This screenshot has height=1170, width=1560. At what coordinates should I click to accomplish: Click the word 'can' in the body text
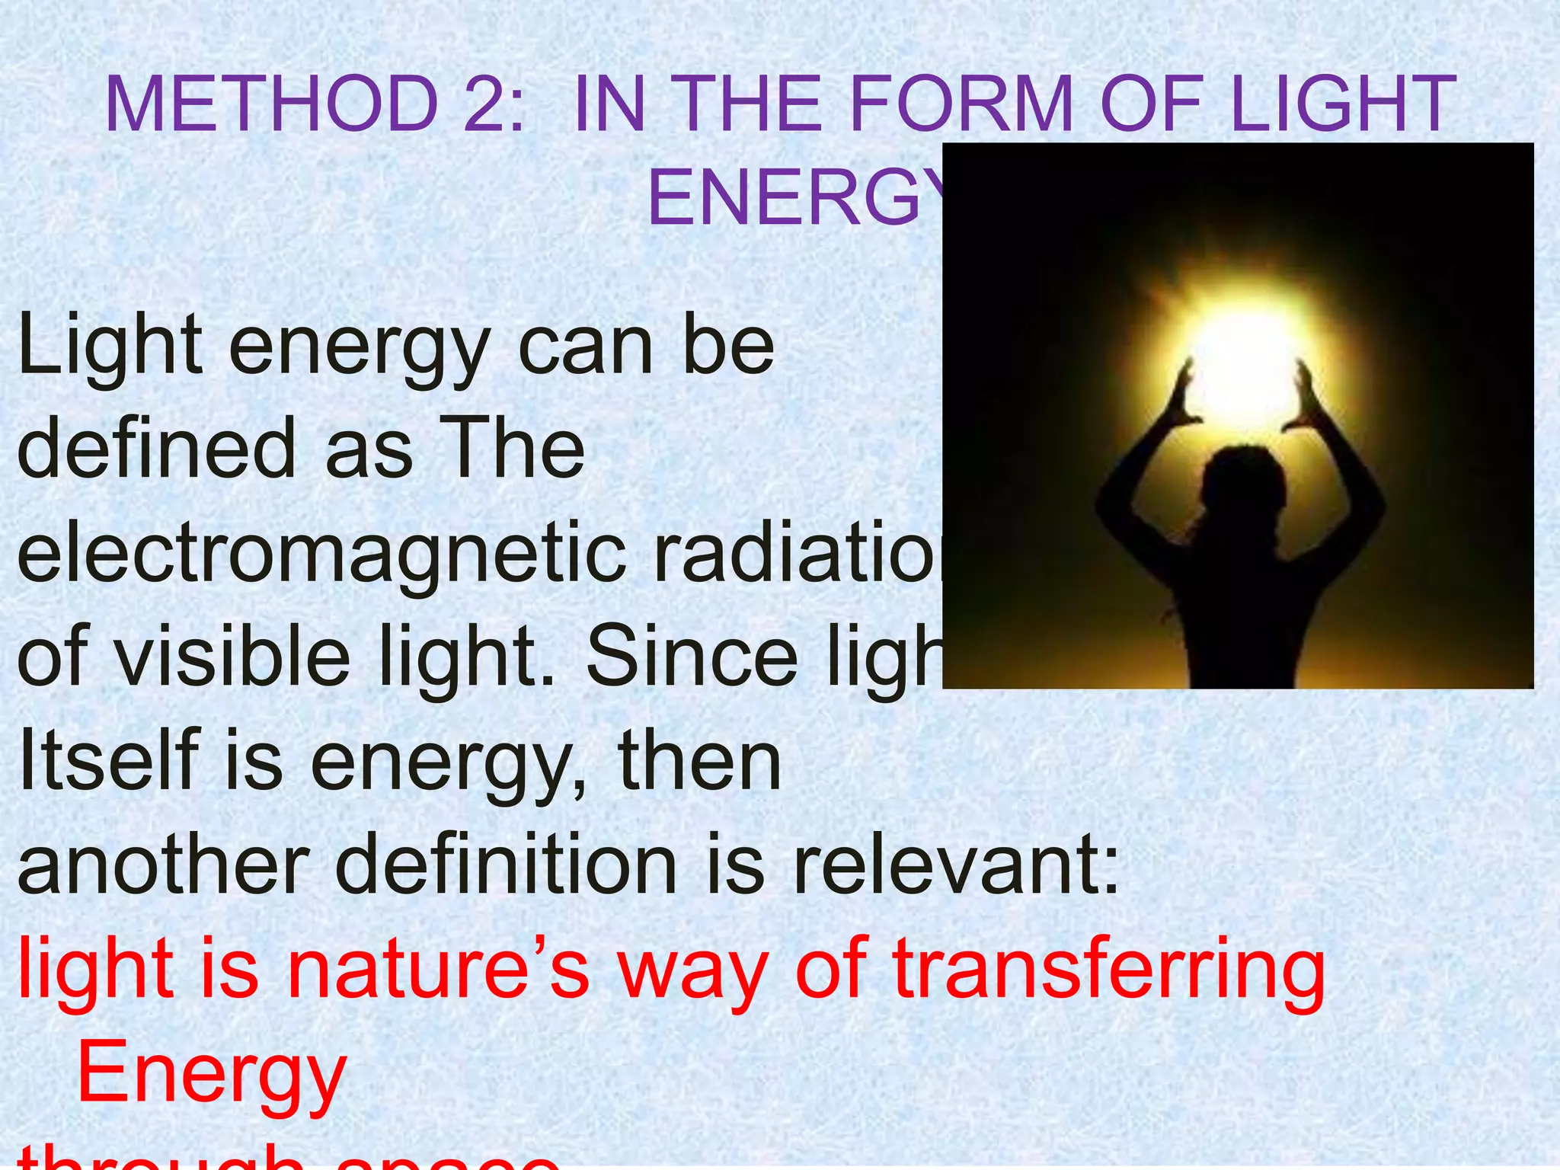[585, 347]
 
